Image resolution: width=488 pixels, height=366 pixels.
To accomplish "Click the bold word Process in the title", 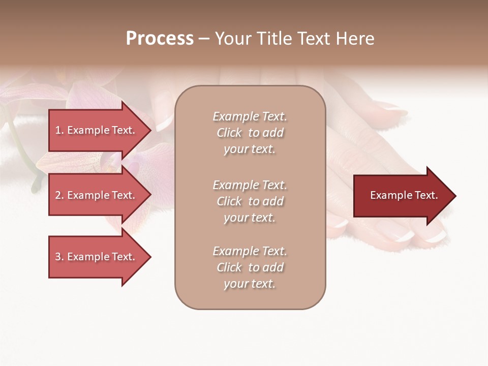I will pos(160,39).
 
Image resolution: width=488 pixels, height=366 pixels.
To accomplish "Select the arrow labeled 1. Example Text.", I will pos(97,130).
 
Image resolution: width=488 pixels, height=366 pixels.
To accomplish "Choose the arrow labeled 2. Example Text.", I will pos(97,195).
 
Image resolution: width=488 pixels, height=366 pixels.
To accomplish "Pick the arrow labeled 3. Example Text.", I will pos(97,257).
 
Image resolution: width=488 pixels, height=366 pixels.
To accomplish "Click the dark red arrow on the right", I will pos(402,196).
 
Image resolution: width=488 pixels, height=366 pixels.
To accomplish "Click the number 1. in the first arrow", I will pos(59,130).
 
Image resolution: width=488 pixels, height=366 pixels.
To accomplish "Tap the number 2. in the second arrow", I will pos(59,195).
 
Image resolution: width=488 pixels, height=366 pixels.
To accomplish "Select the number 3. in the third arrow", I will pos(59,257).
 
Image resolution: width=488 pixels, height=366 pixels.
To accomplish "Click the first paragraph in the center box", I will pos(250,133).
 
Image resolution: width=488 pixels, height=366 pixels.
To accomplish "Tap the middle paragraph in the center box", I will pos(250,201).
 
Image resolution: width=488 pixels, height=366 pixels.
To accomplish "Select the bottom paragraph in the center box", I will pos(250,267).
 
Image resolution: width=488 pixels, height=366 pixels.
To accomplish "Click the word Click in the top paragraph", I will pos(229,133).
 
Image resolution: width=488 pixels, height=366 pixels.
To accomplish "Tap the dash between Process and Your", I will pos(204,39).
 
